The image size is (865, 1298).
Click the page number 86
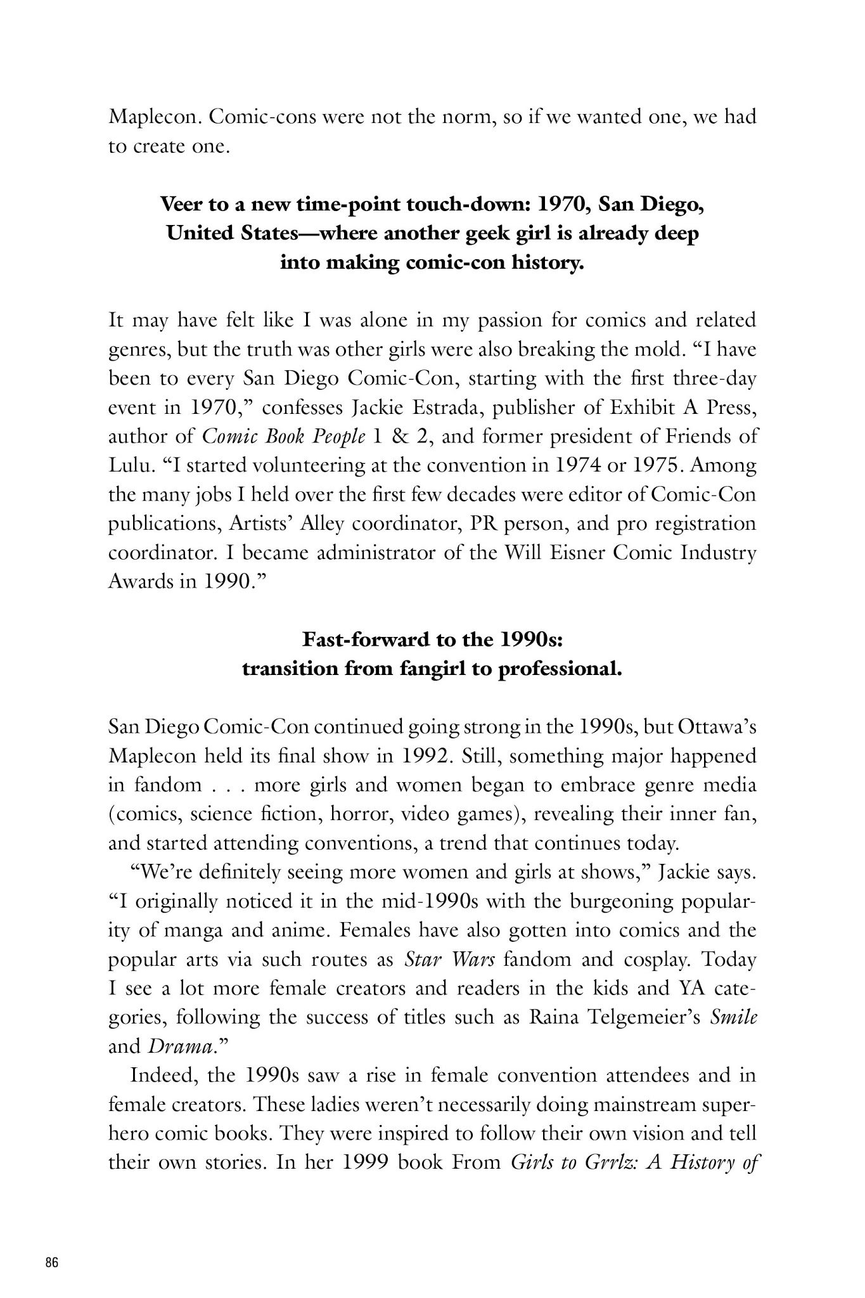(x=52, y=1262)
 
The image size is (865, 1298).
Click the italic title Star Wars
(x=449, y=960)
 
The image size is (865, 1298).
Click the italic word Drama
(x=179, y=1047)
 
